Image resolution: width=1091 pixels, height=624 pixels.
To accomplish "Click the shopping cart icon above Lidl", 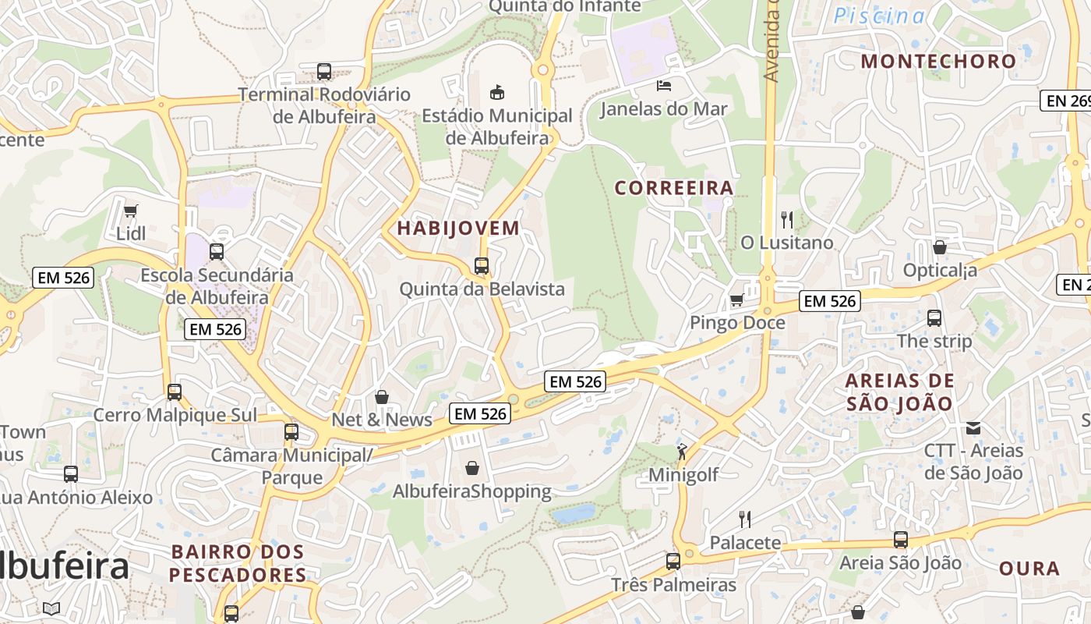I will click(x=130, y=211).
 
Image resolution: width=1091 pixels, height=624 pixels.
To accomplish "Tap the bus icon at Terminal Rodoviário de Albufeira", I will click(x=324, y=72).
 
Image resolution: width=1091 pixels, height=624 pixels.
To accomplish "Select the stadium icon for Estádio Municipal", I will click(x=496, y=93).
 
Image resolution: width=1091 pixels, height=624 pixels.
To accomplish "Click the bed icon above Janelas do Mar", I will click(x=663, y=85).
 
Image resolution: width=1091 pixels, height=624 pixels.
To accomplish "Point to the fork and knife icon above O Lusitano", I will click(x=787, y=220).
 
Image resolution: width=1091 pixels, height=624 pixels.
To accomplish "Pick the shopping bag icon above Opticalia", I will click(x=940, y=247).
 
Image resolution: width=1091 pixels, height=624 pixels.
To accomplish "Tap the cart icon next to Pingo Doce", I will click(x=736, y=300).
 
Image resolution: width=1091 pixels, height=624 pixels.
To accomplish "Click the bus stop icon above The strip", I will click(x=934, y=318).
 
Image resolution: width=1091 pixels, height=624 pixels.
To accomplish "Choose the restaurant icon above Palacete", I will click(x=745, y=519).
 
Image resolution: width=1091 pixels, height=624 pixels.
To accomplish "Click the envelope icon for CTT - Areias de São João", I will click(x=973, y=427).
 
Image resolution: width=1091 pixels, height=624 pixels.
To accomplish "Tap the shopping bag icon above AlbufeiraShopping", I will click(x=471, y=468).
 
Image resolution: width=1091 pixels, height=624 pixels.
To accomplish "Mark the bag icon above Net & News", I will click(x=382, y=397).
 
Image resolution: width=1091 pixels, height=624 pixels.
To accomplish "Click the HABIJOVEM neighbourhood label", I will click(x=458, y=229).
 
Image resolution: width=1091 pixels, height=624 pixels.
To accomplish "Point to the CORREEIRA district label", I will click(x=674, y=188).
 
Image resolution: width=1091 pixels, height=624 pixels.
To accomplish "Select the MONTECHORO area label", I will click(x=938, y=61).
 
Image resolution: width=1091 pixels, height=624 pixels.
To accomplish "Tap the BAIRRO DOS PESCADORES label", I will click(x=238, y=564).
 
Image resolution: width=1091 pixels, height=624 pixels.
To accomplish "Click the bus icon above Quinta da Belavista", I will click(x=482, y=266).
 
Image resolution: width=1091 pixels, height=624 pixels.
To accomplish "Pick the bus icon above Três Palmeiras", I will click(x=673, y=562).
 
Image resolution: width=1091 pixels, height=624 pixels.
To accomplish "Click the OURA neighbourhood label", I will click(x=1029, y=569).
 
